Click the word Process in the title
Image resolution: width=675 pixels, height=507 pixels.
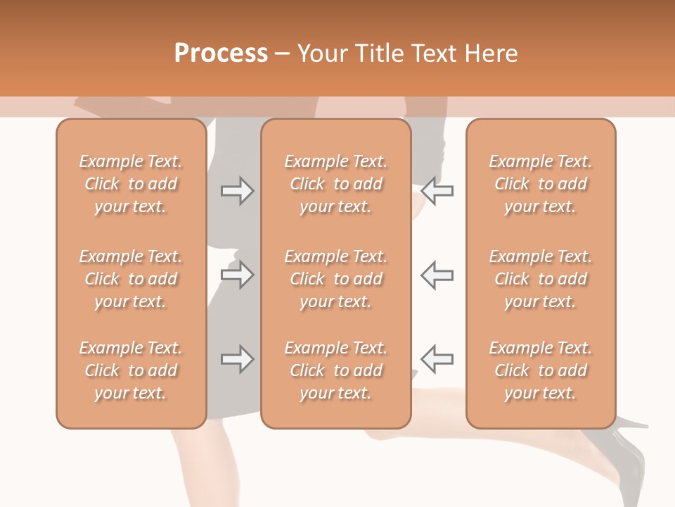[x=221, y=54]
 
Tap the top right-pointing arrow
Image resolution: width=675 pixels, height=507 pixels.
[x=237, y=191]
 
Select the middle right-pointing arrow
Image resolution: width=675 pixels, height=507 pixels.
[x=237, y=274]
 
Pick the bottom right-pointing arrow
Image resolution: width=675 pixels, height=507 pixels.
[x=237, y=359]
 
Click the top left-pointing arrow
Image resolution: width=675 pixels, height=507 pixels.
[x=437, y=191]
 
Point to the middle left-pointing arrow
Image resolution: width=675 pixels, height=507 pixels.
[x=437, y=274]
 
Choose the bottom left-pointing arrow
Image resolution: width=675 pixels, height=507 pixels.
[x=437, y=359]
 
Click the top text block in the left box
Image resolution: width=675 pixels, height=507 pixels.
[x=131, y=184]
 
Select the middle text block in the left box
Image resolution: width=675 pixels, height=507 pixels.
[x=131, y=279]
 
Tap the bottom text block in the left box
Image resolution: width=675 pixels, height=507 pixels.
[x=131, y=370]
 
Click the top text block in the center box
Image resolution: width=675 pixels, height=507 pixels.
[x=335, y=184]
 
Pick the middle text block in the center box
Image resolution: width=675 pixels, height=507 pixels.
[x=335, y=279]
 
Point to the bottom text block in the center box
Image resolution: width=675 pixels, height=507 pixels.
[x=335, y=370]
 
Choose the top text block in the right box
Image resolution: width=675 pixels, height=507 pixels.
[x=540, y=184]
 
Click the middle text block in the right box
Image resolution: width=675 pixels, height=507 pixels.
[x=540, y=279]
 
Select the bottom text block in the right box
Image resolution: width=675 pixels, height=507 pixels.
[x=540, y=370]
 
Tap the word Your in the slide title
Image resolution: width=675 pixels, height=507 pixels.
[x=323, y=54]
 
